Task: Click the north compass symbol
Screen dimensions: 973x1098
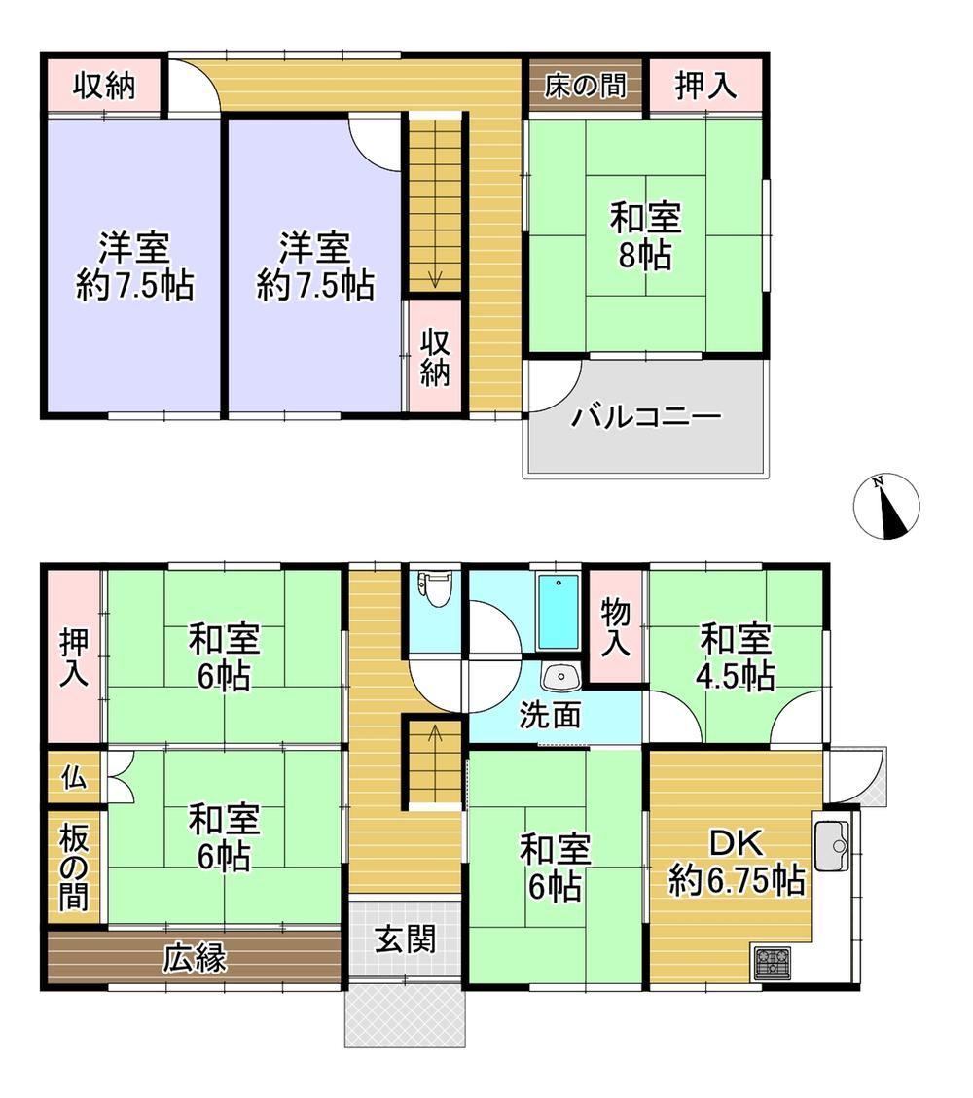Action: click(x=886, y=507)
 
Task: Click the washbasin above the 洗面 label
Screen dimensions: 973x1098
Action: click(x=559, y=677)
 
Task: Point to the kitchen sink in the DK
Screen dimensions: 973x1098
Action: click(x=832, y=846)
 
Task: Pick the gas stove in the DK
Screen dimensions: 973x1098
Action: click(x=772, y=961)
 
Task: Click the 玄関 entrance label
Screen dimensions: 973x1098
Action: click(x=406, y=939)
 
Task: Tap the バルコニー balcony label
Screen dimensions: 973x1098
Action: click(x=646, y=417)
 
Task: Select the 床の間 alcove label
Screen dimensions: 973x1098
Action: click(x=585, y=87)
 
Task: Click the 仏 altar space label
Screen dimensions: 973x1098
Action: click(x=74, y=777)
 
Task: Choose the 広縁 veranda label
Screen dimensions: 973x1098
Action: click(x=195, y=959)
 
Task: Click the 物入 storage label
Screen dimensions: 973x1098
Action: click(x=615, y=628)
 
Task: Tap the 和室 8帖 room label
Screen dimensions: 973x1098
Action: click(x=645, y=236)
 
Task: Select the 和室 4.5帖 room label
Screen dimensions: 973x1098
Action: click(x=736, y=656)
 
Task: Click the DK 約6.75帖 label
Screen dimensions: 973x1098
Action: click(x=737, y=862)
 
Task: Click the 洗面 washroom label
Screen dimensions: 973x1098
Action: click(x=550, y=715)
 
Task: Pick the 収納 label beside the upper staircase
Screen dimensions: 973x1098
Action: click(x=435, y=357)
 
